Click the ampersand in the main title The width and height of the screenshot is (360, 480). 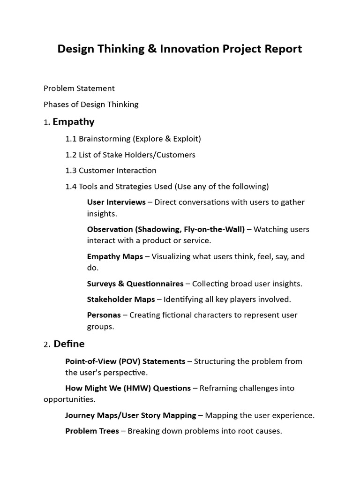[152, 49]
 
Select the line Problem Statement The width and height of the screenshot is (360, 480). [79, 88]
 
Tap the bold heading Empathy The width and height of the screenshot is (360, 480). [74, 122]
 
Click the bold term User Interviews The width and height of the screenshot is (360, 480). [116, 202]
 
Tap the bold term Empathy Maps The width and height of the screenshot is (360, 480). [115, 256]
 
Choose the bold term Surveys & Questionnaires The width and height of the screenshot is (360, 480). [135, 284]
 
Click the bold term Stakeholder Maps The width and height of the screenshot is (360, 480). [121, 299]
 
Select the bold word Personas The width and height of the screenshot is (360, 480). [104, 315]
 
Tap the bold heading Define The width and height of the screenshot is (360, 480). [69, 344]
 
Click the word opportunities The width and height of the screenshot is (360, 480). [69, 399]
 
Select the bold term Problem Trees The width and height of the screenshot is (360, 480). [92, 431]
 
